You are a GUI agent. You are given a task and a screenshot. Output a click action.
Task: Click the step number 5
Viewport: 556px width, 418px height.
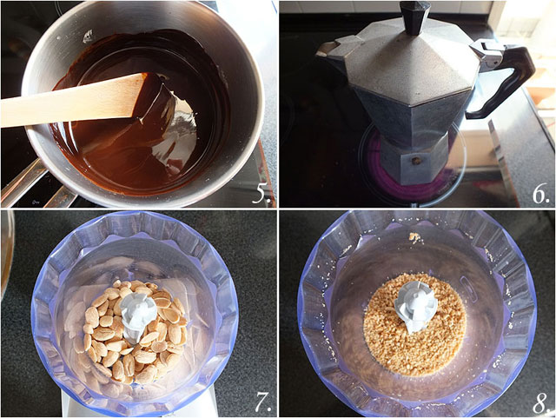[261, 194]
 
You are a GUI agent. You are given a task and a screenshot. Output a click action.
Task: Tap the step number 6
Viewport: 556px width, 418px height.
[540, 194]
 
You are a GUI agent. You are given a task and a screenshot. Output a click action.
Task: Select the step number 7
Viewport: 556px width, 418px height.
[263, 402]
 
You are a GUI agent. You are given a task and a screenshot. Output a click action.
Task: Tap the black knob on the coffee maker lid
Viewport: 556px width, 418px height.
[414, 17]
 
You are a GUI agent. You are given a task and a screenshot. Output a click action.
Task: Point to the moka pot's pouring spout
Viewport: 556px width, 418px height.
[332, 50]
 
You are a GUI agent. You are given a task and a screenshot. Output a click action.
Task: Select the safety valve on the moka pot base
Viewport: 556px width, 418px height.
[416, 161]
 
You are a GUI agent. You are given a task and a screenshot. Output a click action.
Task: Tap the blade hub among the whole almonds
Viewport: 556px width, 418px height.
[138, 315]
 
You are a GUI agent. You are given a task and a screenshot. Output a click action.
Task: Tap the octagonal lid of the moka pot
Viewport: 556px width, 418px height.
[411, 63]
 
